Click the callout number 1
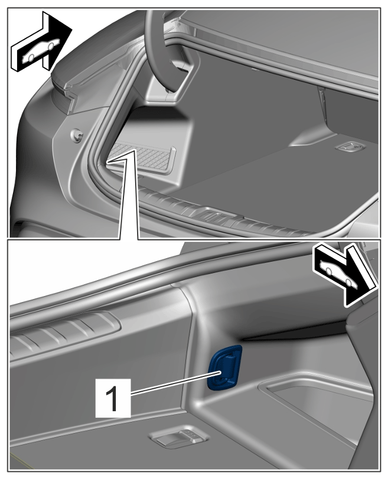[113, 398]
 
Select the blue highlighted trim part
[224, 368]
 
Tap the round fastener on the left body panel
[77, 135]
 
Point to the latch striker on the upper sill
[213, 216]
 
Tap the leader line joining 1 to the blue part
[175, 383]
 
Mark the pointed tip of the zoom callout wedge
[135, 150]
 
